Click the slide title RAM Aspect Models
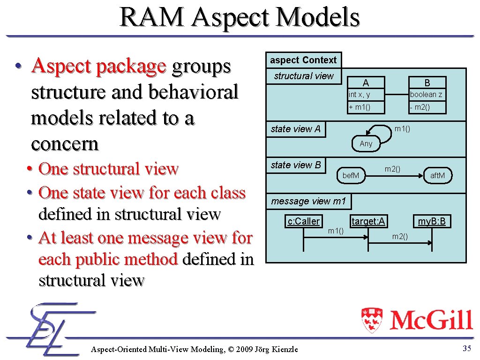click(x=240, y=17)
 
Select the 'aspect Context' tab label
click(x=303, y=60)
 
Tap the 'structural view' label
click(x=304, y=76)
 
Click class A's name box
click(x=366, y=83)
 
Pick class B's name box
click(x=427, y=83)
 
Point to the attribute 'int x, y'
click(x=360, y=95)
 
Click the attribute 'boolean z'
click(x=426, y=95)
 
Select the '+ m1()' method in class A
click(x=360, y=107)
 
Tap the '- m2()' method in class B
click(x=420, y=107)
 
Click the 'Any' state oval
click(x=366, y=143)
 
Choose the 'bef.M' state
click(x=351, y=175)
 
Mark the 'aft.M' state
click(x=437, y=175)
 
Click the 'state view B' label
click(x=296, y=165)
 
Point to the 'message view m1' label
click(x=308, y=202)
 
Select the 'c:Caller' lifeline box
click(x=304, y=221)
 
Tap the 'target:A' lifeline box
click(x=368, y=221)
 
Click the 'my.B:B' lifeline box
click(x=432, y=221)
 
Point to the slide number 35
click(x=466, y=348)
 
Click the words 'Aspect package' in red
click(x=98, y=67)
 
